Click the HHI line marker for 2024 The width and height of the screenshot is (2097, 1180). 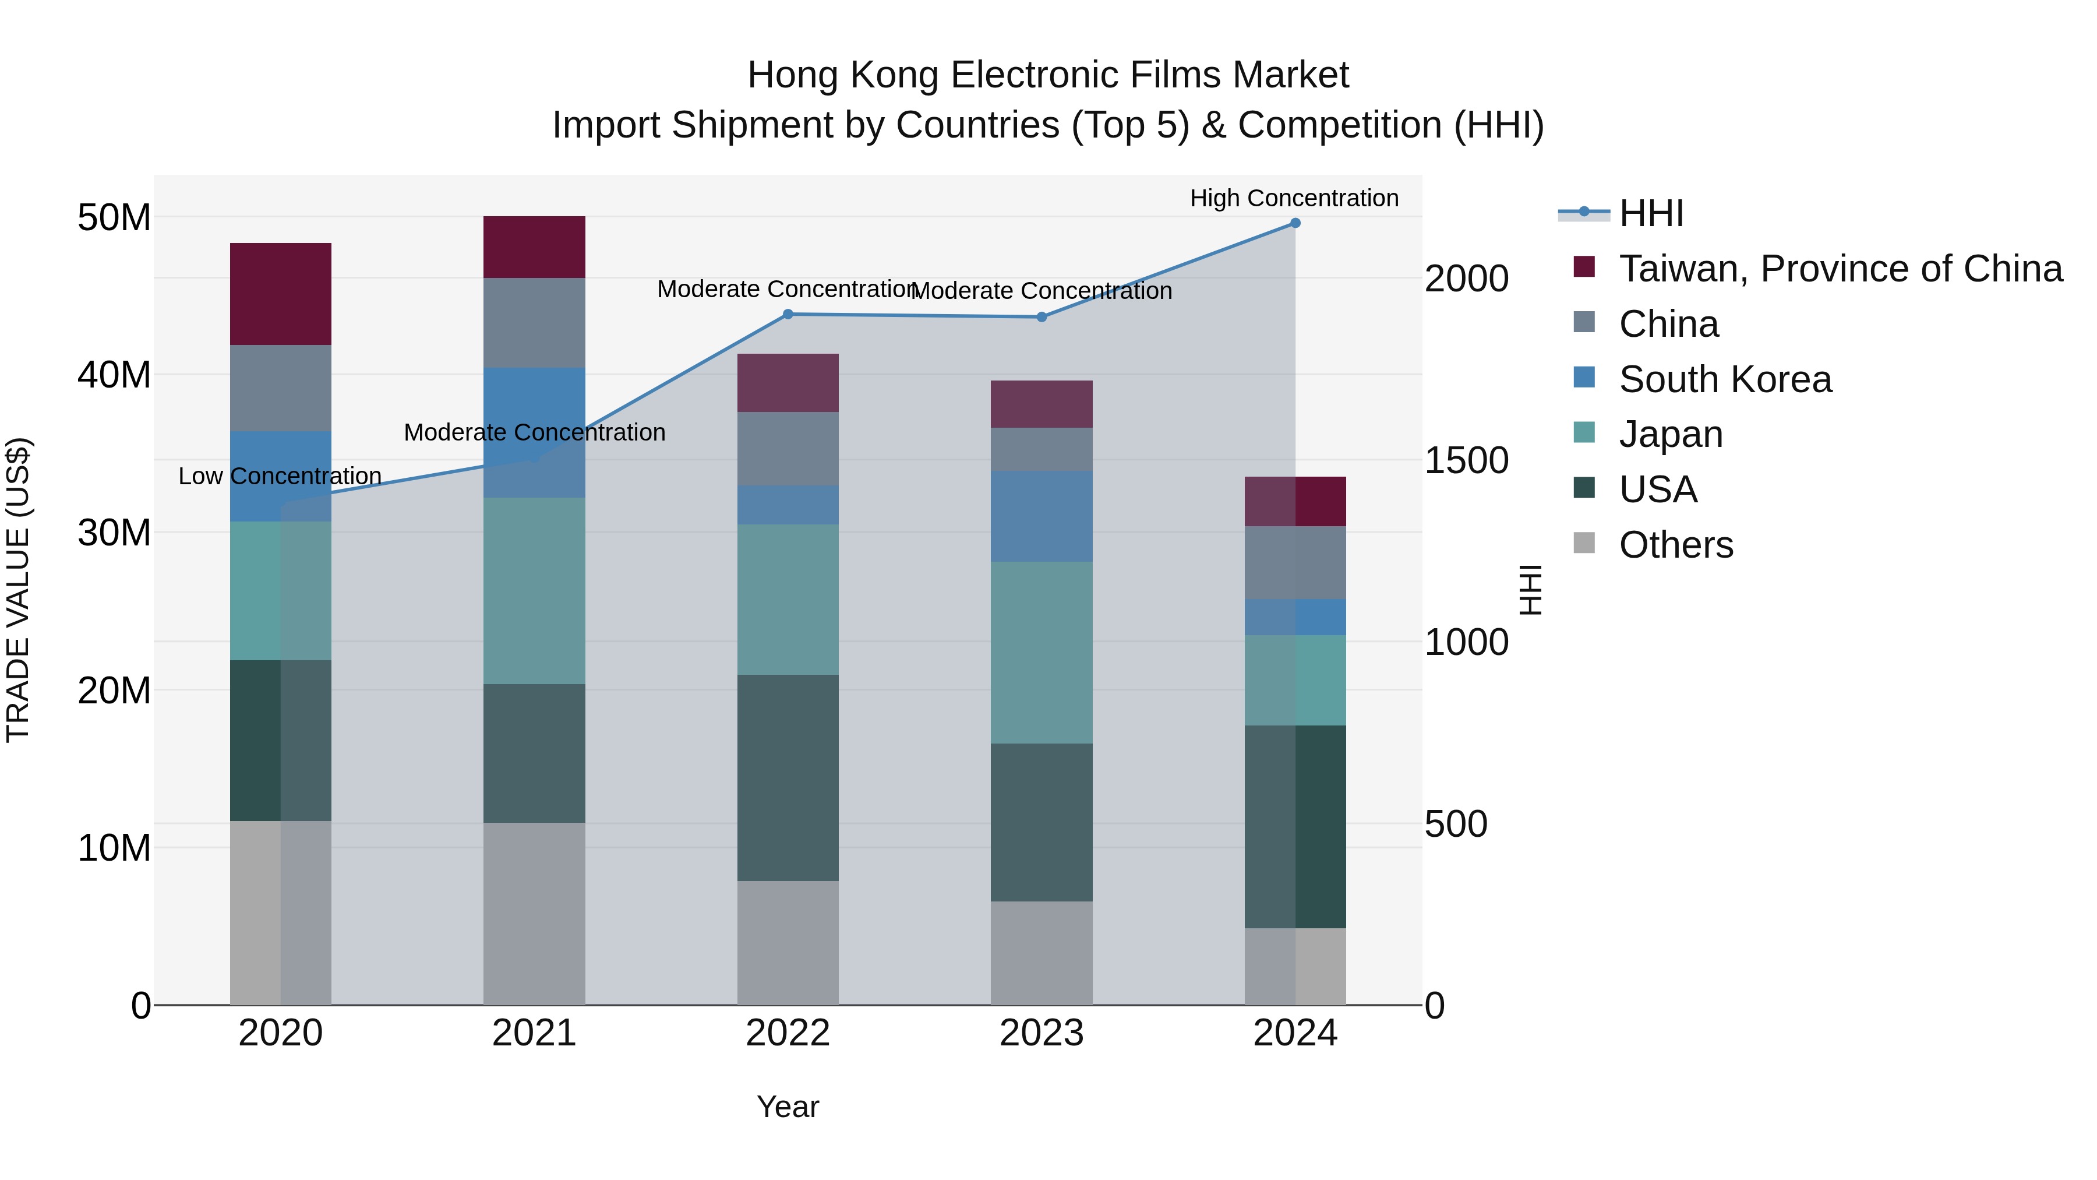point(1295,223)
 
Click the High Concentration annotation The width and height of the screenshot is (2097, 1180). point(1294,198)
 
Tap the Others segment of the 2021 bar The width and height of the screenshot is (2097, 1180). point(534,913)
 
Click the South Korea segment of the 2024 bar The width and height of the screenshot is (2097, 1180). point(1295,617)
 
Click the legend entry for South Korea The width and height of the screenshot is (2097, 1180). point(1725,379)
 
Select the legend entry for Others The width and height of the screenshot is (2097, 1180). point(1675,545)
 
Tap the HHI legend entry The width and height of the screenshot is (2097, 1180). point(1651,213)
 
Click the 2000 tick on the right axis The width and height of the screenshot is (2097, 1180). point(1466,279)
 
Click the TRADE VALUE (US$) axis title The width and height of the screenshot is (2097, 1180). point(18,590)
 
